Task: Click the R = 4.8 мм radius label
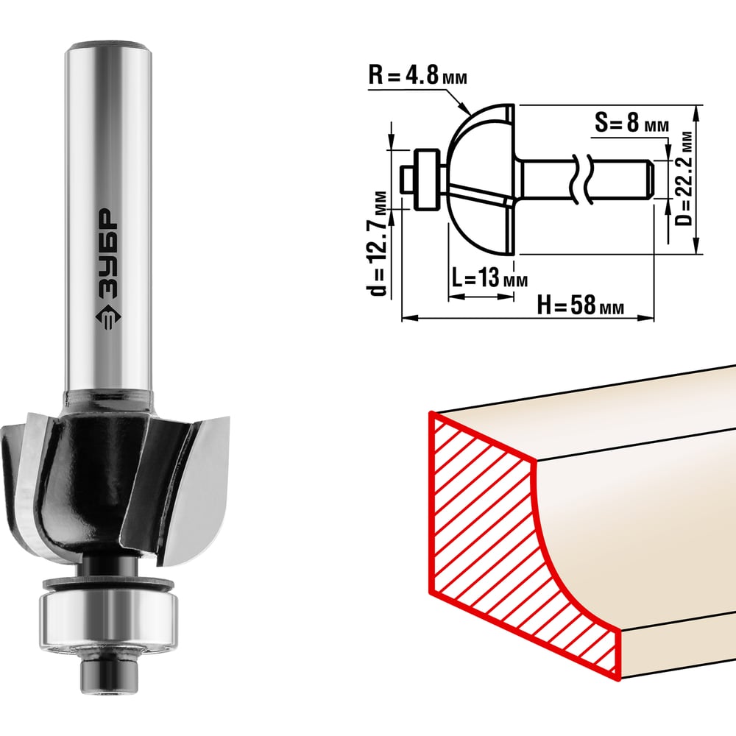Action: point(417,75)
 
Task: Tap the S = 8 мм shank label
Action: point(631,124)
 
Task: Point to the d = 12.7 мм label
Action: point(378,244)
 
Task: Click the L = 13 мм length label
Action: point(489,277)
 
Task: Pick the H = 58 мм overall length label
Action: point(581,305)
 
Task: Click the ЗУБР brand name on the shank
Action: point(108,253)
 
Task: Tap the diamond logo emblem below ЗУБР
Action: point(108,318)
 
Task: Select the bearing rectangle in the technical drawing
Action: point(427,180)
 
